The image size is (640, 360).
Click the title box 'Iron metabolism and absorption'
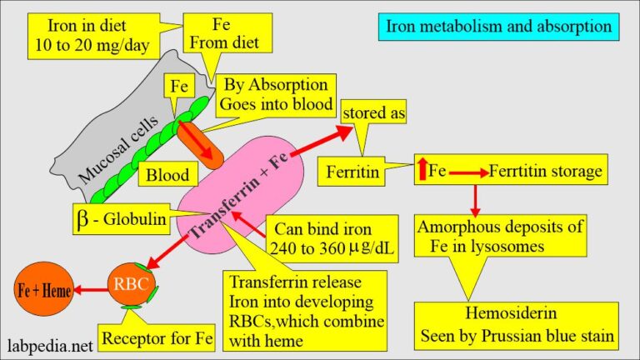pyautogui.click(x=498, y=27)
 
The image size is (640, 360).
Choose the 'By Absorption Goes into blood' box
pyautogui.click(x=274, y=95)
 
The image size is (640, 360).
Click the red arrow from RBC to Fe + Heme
pyautogui.click(x=89, y=291)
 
